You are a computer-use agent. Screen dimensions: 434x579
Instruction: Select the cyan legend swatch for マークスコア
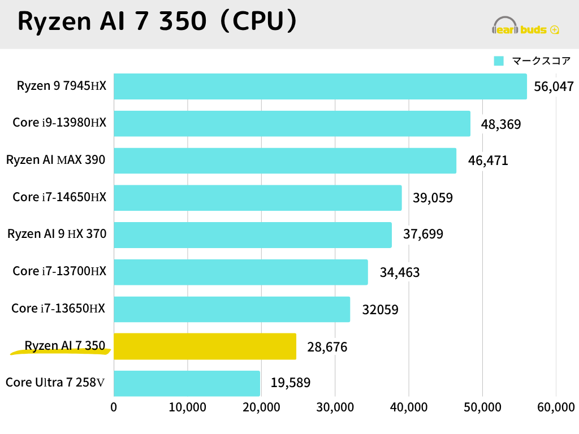[x=499, y=61]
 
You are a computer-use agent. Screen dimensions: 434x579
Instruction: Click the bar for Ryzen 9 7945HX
[x=320, y=86]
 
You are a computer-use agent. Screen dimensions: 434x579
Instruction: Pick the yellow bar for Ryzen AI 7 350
[x=205, y=346]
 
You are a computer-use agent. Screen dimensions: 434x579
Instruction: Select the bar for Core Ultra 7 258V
[x=187, y=383]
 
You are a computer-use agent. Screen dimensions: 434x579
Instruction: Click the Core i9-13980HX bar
[x=292, y=124]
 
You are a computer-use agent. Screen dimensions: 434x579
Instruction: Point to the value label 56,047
[x=554, y=86]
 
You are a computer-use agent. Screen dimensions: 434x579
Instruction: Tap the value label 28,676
[x=327, y=347]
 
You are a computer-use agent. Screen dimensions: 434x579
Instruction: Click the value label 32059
[x=380, y=310]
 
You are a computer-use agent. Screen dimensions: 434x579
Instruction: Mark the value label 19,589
[x=290, y=383]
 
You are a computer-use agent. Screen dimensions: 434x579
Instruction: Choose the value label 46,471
[x=488, y=160]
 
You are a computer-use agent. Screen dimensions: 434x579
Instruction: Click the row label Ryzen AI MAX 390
[x=56, y=160]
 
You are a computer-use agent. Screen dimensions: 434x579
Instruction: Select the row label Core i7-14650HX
[x=59, y=197]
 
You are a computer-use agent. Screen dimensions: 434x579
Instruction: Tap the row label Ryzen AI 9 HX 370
[x=57, y=233]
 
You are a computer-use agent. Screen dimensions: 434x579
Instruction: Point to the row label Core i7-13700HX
[x=59, y=271]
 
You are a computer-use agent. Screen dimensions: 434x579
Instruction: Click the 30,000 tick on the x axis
[x=335, y=407]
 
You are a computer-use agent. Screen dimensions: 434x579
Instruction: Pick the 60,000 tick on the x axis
[x=555, y=407]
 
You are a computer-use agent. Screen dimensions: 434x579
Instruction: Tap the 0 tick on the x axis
[x=114, y=407]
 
